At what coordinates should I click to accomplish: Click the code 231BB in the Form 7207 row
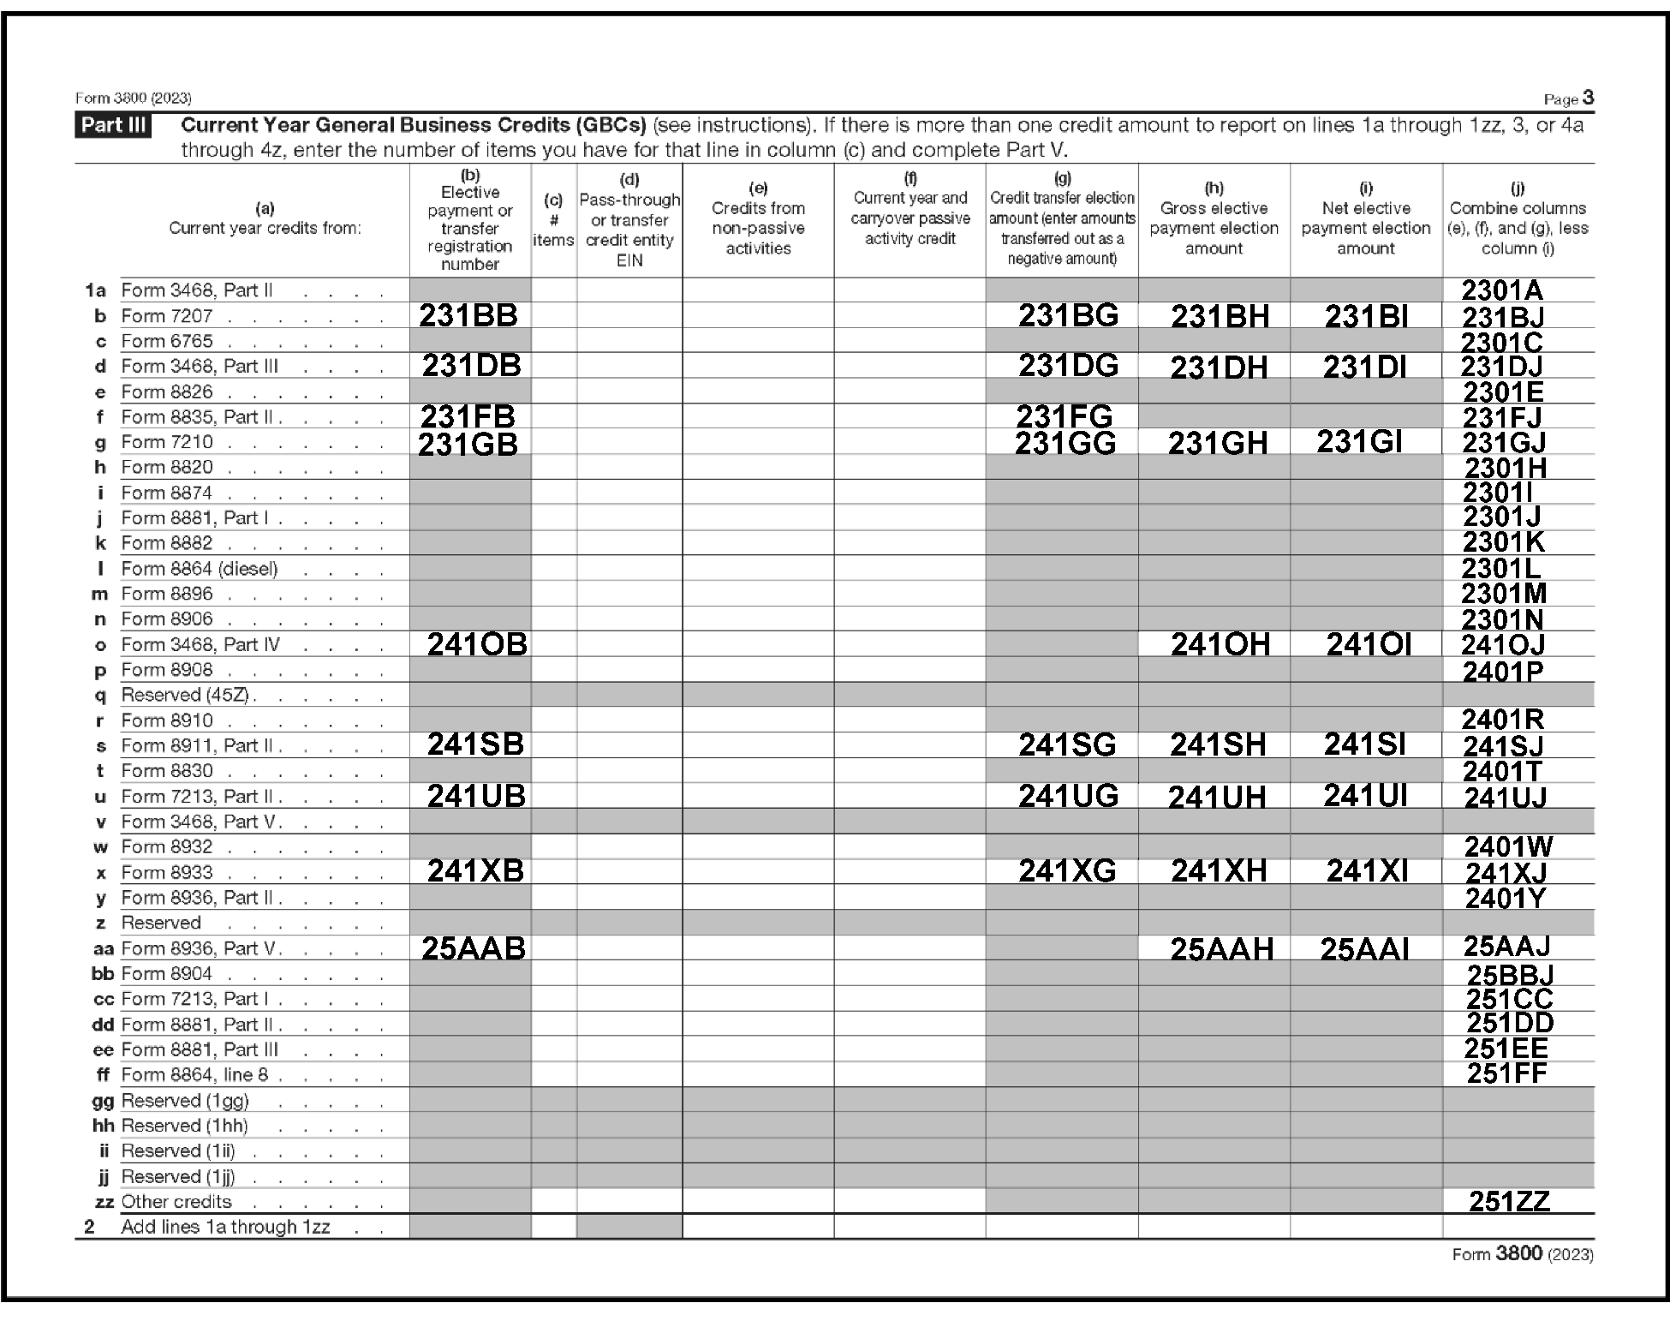[x=468, y=316]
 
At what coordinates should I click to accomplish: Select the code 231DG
[x=1068, y=367]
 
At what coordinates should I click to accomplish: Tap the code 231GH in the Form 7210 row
[x=1217, y=444]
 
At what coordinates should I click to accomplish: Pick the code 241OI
[x=1368, y=645]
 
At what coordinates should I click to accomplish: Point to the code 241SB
[x=475, y=744]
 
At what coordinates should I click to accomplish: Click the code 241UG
[x=1068, y=797]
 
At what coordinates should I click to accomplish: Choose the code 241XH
[x=1218, y=872]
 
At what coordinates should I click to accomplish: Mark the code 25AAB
[x=474, y=949]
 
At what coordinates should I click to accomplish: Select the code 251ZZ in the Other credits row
[x=1509, y=1202]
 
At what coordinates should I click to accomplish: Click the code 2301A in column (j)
[x=1502, y=291]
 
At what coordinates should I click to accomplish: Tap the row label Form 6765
[x=167, y=342]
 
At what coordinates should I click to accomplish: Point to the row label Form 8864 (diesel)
[x=200, y=569]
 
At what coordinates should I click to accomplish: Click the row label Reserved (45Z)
[x=185, y=695]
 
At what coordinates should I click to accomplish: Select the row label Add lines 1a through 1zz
[x=225, y=1227]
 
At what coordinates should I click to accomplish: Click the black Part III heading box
[x=113, y=126]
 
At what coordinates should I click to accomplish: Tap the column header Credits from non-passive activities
[x=758, y=228]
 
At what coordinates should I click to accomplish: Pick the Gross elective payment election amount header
[x=1214, y=228]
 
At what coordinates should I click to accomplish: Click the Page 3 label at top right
[x=1568, y=99]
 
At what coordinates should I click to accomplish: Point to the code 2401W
[x=1508, y=847]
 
